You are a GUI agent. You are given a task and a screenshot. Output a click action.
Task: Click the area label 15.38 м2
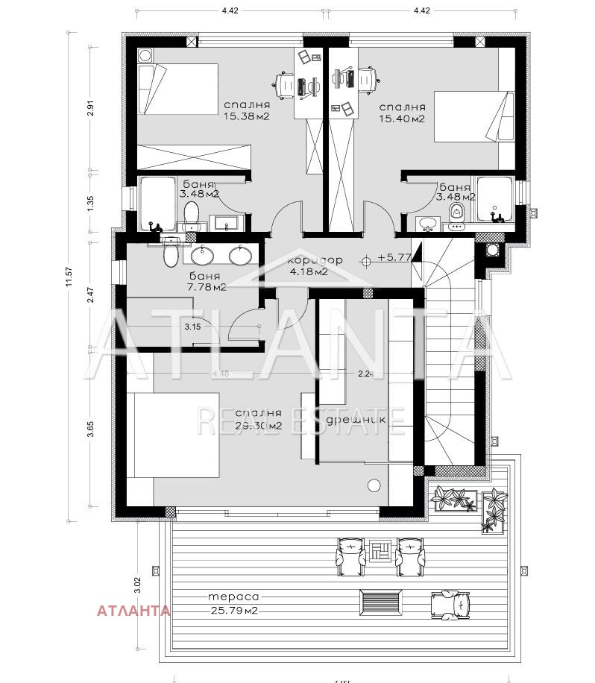[246, 117]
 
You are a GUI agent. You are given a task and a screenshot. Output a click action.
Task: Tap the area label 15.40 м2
[402, 119]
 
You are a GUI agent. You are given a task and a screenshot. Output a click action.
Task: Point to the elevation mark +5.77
[394, 258]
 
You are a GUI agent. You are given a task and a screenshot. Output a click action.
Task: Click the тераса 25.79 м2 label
[233, 604]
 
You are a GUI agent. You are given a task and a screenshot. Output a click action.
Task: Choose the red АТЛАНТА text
[133, 611]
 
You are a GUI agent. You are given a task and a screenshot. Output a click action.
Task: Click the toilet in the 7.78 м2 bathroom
[171, 254]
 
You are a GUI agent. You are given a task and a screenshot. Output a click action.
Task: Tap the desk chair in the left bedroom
[285, 84]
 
